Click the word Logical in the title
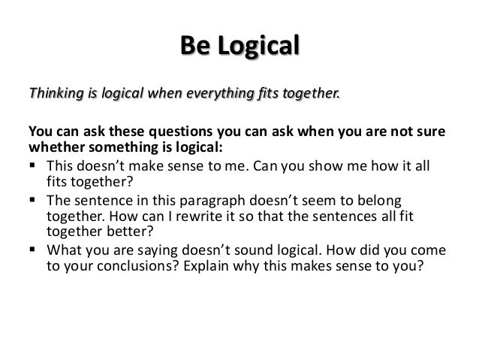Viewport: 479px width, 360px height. tap(256, 46)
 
